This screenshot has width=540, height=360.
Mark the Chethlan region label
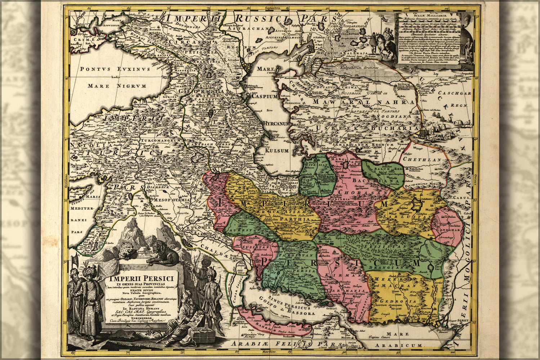pos(422,159)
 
